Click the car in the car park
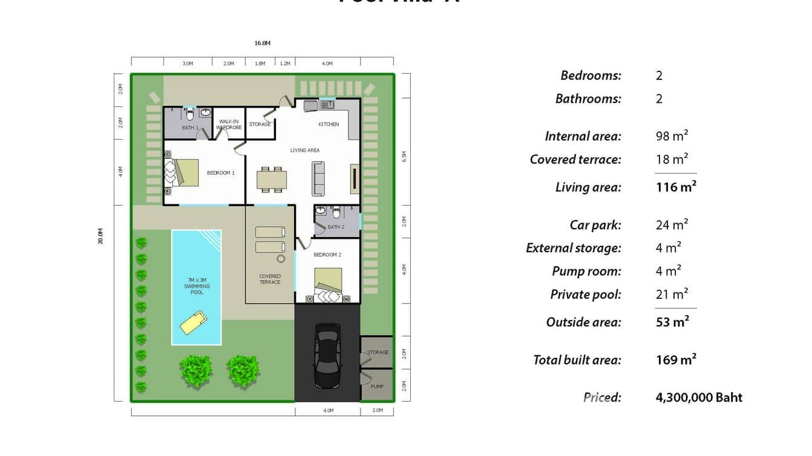327,356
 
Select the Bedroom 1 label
220,173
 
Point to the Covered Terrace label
270,279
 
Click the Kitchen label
329,125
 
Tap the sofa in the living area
318,178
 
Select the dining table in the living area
272,180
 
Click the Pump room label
377,386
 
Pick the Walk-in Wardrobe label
229,125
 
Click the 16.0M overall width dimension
262,44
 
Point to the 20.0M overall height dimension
101,236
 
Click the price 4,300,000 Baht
699,397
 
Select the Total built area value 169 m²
676,360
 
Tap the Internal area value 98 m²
672,136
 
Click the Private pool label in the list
585,295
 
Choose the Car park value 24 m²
672,225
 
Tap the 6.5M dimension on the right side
404,156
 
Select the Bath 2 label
336,227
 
